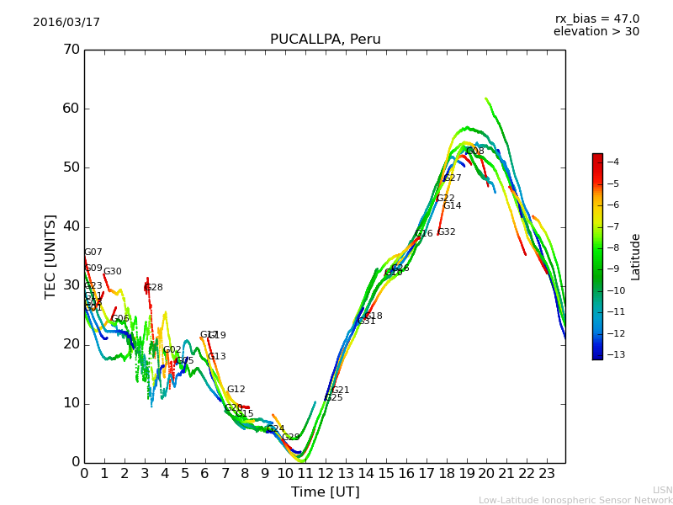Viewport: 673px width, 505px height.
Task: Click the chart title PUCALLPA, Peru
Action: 325,40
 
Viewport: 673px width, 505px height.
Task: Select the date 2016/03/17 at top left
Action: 66,23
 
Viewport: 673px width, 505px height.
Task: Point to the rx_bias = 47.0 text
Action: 596,19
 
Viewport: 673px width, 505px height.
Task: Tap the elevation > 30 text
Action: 596,32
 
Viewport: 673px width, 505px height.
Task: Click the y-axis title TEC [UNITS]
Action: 50,256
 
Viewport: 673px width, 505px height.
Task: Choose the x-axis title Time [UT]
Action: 325,492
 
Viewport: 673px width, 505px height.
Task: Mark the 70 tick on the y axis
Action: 72,50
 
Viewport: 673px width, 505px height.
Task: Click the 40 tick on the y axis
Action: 72,226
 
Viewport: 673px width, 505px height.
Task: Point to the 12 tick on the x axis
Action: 326,474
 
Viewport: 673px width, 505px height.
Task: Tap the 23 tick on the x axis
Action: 547,474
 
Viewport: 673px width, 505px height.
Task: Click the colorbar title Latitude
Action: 636,256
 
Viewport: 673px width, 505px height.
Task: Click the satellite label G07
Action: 93,252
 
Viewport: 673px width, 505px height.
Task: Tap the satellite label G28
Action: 154,288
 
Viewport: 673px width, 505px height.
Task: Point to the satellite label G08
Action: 475,151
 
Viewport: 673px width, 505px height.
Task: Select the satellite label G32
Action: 447,232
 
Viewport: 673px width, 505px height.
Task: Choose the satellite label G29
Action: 291,438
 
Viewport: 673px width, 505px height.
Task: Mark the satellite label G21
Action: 341,391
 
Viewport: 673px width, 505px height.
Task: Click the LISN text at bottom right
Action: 663,490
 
